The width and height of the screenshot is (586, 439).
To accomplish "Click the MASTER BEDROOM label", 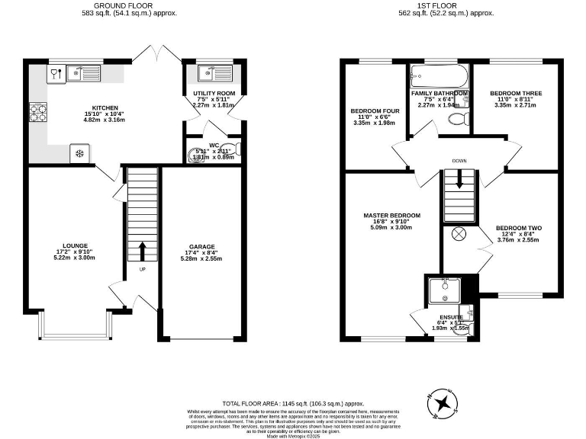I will click(391, 216).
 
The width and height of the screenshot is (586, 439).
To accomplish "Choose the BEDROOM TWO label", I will click(518, 228).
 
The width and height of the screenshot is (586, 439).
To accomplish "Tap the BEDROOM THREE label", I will click(516, 94).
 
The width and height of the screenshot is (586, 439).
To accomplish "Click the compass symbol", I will click(442, 405).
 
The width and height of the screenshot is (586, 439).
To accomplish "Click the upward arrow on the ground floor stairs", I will click(142, 251).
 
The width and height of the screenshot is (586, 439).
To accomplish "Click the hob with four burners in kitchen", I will click(37, 112).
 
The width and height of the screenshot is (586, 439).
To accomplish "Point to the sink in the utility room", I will click(208, 74).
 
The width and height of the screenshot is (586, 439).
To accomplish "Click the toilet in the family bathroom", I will click(458, 119).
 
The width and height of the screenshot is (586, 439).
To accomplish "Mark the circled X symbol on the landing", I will click(459, 234).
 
